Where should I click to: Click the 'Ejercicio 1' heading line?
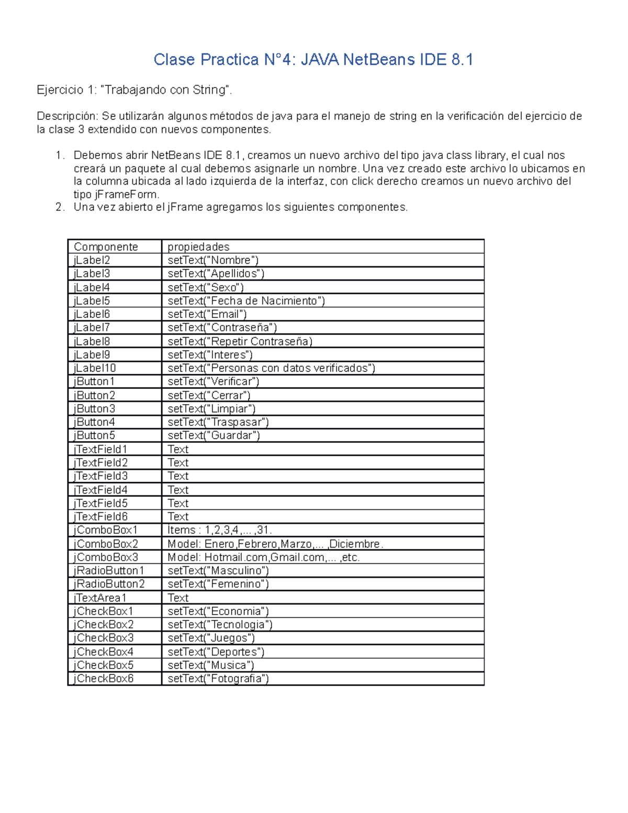(134, 90)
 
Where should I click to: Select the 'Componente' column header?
(106, 247)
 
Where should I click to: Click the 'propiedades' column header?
(198, 247)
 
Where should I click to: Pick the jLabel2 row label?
(92, 260)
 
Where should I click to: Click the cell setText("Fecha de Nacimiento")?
(246, 300)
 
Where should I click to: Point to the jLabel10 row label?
(95, 368)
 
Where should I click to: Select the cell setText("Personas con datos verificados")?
(271, 368)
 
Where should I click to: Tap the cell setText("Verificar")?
(214, 382)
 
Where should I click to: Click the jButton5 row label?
(94, 436)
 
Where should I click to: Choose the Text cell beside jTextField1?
(178, 449)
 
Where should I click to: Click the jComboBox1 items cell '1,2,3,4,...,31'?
(219, 530)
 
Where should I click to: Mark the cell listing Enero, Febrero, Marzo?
(275, 544)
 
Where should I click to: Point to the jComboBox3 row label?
(106, 557)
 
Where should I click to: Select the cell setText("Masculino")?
(218, 571)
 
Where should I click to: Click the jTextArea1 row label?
(100, 598)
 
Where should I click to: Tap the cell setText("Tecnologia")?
(220, 625)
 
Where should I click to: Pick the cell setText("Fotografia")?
(218, 678)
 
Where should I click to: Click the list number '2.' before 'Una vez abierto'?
(60, 207)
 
